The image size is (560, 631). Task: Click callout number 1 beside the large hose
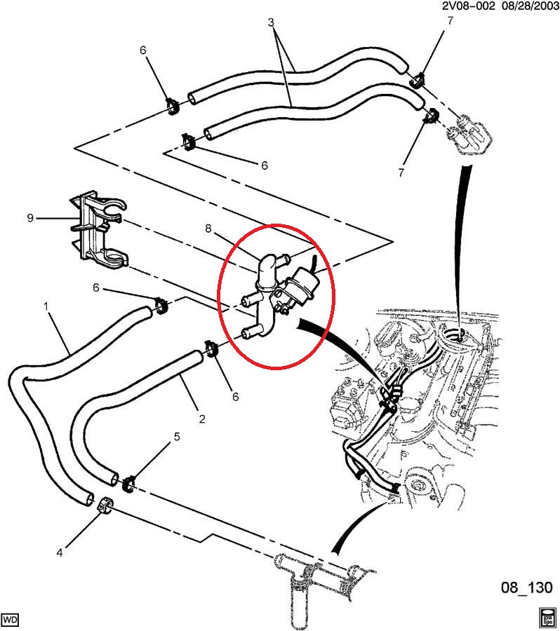(x=46, y=306)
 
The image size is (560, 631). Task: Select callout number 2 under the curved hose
(x=201, y=419)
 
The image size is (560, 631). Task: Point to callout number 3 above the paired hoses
(x=272, y=22)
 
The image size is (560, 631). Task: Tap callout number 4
(x=59, y=552)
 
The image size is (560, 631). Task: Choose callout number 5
(x=176, y=437)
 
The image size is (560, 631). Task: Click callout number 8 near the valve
(x=208, y=227)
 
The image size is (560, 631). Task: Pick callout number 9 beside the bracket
(x=30, y=218)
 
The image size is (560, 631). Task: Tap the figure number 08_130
(x=528, y=586)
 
